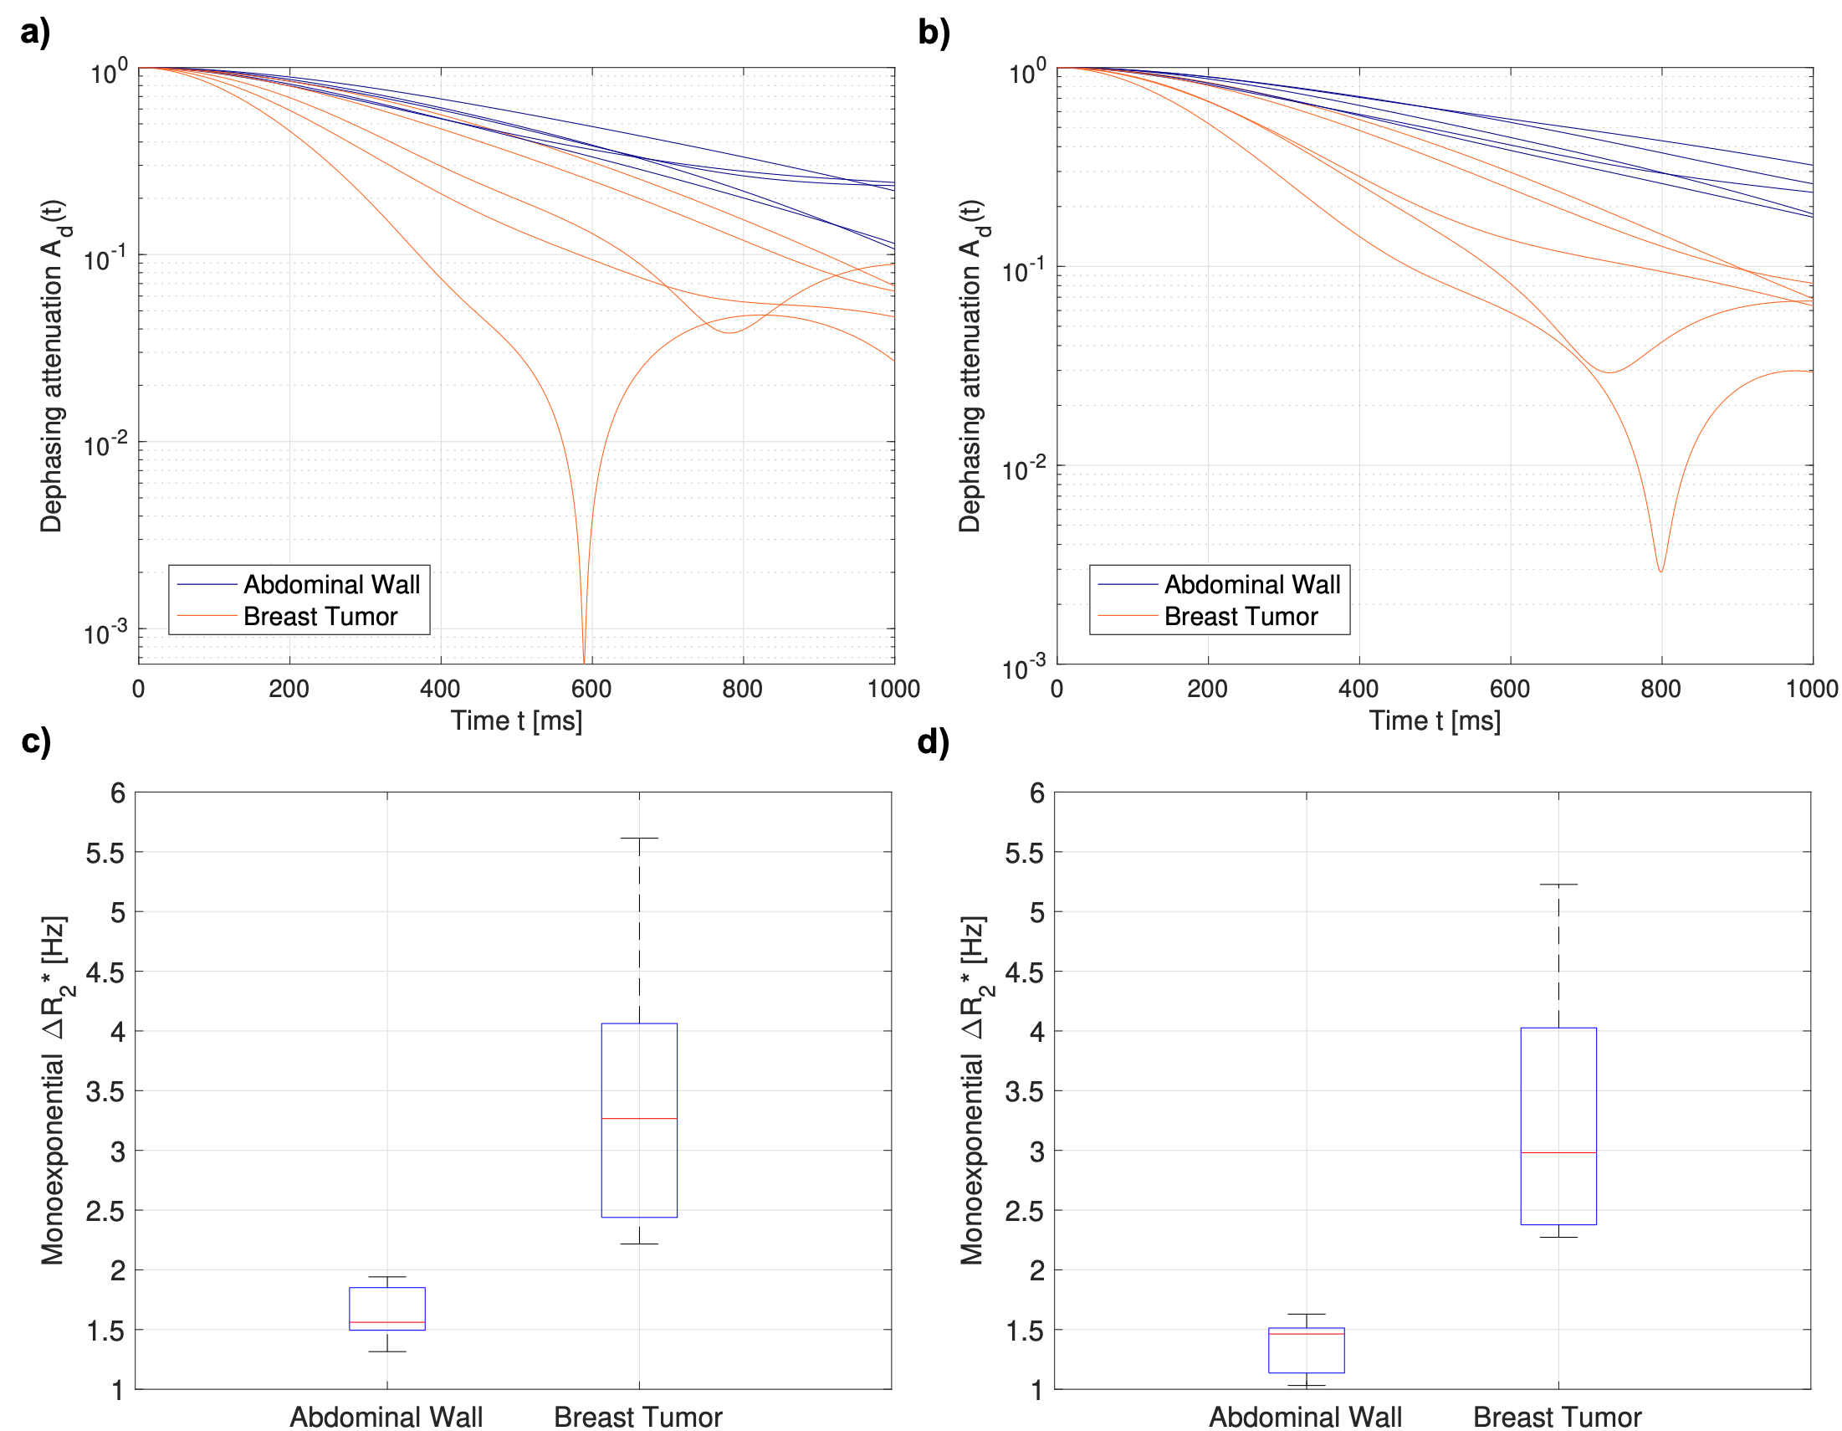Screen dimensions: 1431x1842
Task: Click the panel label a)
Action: [35, 32]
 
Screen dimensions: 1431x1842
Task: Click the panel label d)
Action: [933, 741]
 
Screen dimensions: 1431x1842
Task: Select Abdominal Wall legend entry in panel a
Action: [330, 584]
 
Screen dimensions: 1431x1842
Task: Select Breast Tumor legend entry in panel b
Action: [1240, 617]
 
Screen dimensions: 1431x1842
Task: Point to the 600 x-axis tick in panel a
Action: [591, 689]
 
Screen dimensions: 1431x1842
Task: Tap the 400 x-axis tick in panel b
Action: [1358, 689]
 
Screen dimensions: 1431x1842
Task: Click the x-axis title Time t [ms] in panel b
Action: [1434, 721]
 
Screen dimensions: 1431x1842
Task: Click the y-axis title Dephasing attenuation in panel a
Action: [53, 366]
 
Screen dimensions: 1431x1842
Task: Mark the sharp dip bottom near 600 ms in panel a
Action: [584, 658]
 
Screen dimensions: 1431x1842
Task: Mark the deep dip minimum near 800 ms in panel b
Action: [1660, 572]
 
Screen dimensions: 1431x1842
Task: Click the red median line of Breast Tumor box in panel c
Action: [639, 1118]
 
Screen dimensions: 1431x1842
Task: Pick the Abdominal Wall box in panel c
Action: [387, 1308]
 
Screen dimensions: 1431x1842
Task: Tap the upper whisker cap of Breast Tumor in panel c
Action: [639, 838]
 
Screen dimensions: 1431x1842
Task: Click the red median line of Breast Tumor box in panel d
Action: [1558, 1152]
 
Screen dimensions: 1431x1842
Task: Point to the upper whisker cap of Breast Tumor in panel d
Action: [1558, 885]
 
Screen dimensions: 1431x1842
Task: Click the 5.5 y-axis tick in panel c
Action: [105, 852]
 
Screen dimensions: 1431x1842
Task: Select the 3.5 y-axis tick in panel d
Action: [1024, 1091]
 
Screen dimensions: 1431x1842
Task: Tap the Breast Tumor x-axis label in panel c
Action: [637, 1417]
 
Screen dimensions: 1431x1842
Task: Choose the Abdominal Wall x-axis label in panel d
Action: [1306, 1417]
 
